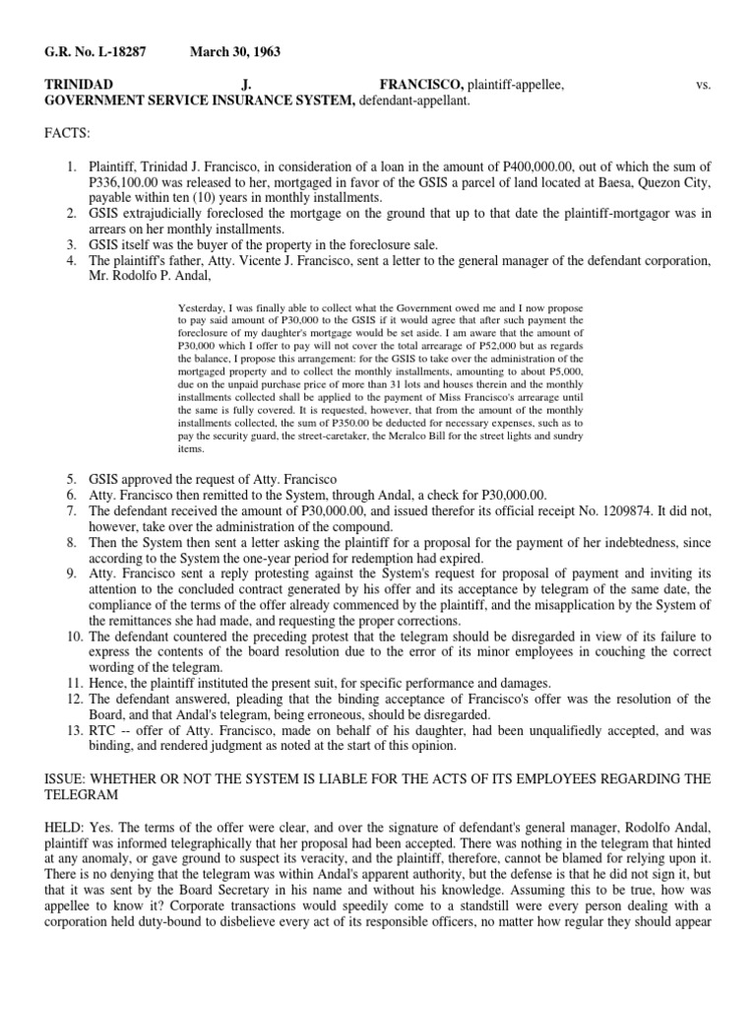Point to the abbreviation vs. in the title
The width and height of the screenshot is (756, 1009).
point(702,86)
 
